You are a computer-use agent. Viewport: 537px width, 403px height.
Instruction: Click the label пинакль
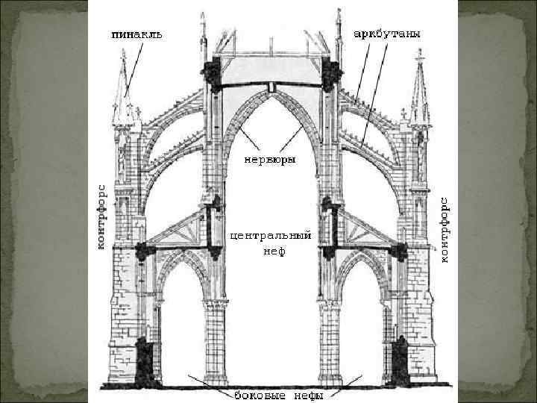pyautogui.click(x=136, y=34)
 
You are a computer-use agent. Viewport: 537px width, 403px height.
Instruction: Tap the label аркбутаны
pyautogui.click(x=386, y=34)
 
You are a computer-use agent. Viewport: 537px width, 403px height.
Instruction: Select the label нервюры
pyautogui.click(x=269, y=160)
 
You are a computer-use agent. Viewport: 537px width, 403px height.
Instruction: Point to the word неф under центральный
pyautogui.click(x=270, y=252)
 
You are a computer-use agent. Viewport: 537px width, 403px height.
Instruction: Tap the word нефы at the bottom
pyautogui.click(x=306, y=395)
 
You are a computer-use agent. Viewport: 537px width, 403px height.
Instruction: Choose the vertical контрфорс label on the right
pyautogui.click(x=445, y=229)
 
